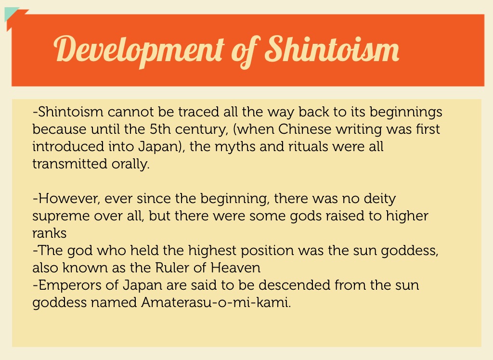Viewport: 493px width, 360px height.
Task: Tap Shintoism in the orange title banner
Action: tap(332, 49)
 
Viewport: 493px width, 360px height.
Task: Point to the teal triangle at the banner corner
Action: tap(11, 13)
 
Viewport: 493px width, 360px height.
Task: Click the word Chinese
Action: tap(305, 129)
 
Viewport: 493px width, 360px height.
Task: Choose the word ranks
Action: tap(50, 233)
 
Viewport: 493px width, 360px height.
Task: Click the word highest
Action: tap(212, 251)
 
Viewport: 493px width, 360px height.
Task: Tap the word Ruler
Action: tap(172, 268)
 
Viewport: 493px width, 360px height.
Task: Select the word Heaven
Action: tap(235, 268)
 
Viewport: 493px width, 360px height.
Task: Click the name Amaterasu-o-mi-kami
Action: tap(216, 302)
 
